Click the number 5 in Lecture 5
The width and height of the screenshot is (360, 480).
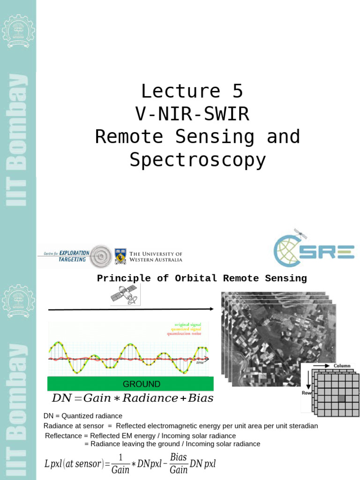point(237,91)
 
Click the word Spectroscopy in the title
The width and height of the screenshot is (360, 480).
point(197,160)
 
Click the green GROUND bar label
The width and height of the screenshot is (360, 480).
point(141,384)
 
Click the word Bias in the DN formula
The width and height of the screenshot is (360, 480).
point(200,398)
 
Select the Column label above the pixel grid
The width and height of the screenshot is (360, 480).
point(342,366)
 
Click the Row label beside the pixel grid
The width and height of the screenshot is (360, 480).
point(306,393)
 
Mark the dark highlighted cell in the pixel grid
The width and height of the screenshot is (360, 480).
point(341,398)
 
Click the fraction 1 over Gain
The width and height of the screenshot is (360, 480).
point(120,464)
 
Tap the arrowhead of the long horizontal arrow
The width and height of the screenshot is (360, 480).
point(211,309)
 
